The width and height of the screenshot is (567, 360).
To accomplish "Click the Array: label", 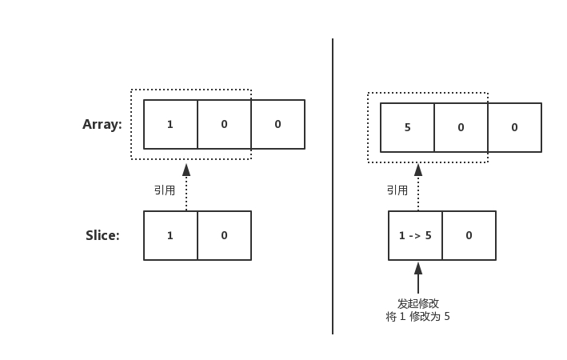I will click(x=102, y=124).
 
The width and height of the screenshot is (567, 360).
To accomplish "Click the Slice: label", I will click(x=102, y=235).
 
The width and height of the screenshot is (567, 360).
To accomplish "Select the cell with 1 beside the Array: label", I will click(x=170, y=124).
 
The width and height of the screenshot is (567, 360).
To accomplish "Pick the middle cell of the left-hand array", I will click(x=224, y=124).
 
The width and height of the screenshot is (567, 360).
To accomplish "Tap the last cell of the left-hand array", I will click(x=278, y=124).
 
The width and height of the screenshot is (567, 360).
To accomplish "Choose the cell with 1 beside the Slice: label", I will click(x=170, y=235).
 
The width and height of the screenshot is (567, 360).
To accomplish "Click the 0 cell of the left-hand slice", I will click(x=224, y=235).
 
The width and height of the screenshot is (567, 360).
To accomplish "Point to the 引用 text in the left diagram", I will click(x=165, y=190).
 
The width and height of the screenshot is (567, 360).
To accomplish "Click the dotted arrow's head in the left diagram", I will click(x=186, y=170).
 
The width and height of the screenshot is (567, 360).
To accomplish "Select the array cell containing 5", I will click(x=407, y=127).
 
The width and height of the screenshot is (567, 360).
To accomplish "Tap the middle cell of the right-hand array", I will click(x=461, y=127).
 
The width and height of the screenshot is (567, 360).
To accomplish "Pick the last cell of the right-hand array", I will click(x=514, y=127).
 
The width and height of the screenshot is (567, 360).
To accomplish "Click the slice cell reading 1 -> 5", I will click(x=415, y=235).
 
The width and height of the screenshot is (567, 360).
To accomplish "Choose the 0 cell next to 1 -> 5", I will click(x=469, y=235).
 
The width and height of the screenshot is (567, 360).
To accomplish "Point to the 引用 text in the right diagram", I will click(x=397, y=190).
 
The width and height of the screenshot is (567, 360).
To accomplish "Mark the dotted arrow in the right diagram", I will click(x=417, y=188).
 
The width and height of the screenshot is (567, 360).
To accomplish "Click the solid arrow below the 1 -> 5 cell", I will click(x=417, y=278).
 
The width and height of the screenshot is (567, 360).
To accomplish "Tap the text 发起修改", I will click(x=417, y=304).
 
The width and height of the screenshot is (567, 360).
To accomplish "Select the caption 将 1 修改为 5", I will click(x=417, y=317).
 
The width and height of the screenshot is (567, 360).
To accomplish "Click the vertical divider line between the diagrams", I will click(x=333, y=184).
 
